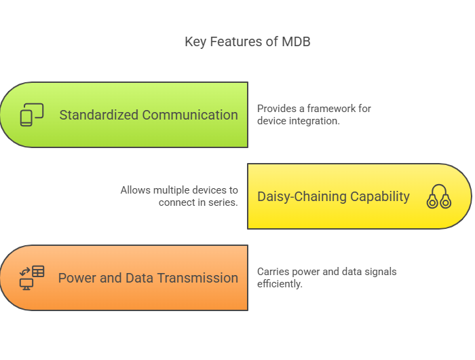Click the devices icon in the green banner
click(31, 115)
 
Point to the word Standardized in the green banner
click(100, 115)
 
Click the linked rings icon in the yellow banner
click(439, 196)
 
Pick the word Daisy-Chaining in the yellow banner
click(303, 196)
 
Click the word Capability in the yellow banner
click(381, 196)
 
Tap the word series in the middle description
click(225, 202)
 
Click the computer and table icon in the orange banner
click(31, 278)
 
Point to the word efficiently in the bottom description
click(280, 284)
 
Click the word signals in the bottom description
click(380, 272)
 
